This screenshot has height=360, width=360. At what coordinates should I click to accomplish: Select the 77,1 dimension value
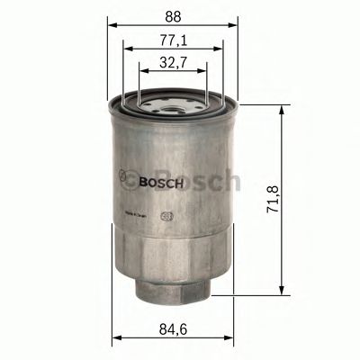coord(174,41)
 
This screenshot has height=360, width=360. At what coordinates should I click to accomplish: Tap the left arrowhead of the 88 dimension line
coord(113,26)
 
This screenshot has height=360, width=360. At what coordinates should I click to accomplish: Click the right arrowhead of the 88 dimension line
coord(235,26)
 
